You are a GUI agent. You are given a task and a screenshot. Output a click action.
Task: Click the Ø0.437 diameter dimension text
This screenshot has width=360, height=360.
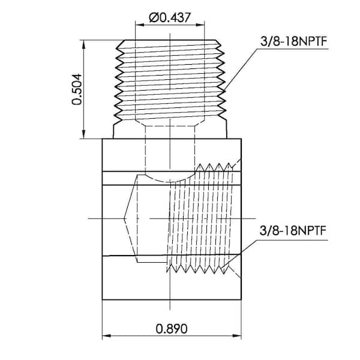171,17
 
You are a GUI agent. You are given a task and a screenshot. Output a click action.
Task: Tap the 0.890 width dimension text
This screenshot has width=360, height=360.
172,328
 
